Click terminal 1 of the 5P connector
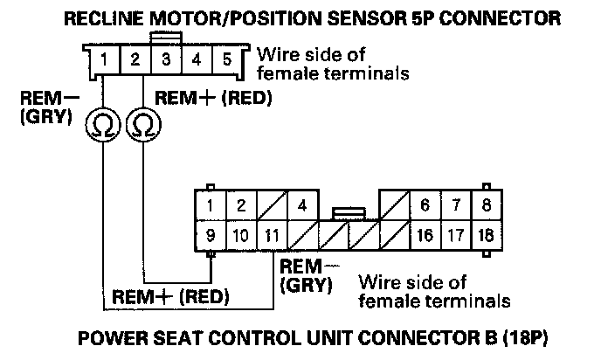click(104, 61)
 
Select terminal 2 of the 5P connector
click(135, 61)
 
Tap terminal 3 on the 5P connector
click(165, 61)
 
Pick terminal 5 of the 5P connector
click(225, 61)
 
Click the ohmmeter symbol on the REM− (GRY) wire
click(103, 128)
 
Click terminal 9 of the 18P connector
click(210, 235)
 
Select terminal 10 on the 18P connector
click(240, 235)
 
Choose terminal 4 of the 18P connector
click(301, 206)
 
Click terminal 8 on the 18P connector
click(487, 206)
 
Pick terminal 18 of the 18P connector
click(487, 235)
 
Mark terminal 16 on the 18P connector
click(425, 235)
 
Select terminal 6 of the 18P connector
click(425, 206)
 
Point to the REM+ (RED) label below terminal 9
click(170, 297)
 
